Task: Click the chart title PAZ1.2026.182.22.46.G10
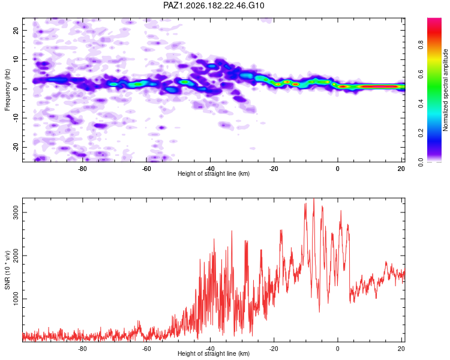coord(214,5)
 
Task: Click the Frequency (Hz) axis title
coord(7,90)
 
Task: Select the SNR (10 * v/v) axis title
coord(7,270)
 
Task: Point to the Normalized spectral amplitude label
coord(445,90)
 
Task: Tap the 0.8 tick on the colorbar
coord(421,44)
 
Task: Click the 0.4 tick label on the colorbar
coord(421,103)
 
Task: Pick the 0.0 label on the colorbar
coord(421,162)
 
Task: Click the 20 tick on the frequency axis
coord(16,30)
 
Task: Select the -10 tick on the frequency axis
coord(16,118)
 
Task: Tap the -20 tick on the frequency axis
coord(16,147)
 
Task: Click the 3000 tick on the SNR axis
coord(16,212)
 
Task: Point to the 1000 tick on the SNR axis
coord(16,299)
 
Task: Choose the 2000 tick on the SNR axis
coord(16,256)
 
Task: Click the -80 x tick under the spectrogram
coord(82,169)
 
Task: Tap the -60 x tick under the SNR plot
coord(146,349)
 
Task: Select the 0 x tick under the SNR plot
coord(337,349)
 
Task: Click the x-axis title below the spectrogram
coord(214,173)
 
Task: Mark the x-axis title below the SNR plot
coord(214,353)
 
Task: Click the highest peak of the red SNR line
coord(314,199)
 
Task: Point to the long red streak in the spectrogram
coord(379,86)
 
